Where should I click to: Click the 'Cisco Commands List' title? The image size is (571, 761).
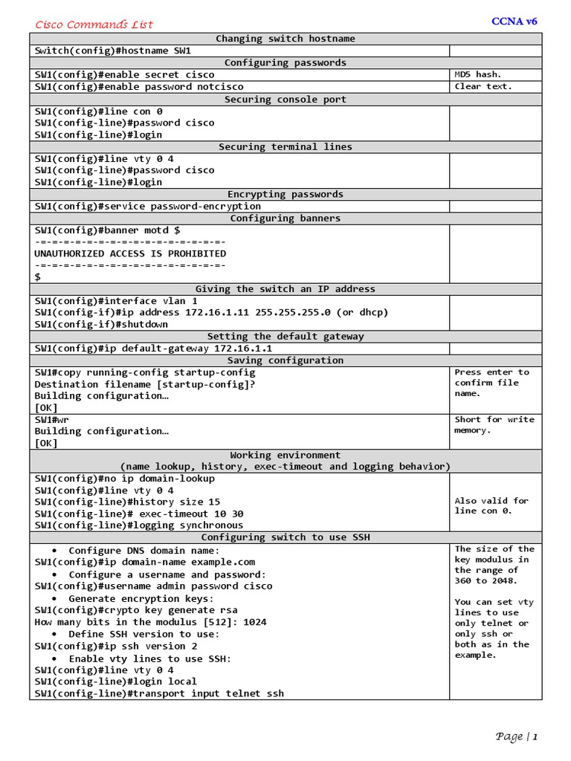click(94, 25)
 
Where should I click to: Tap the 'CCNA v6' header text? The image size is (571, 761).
click(514, 21)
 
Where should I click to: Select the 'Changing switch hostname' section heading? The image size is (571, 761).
click(285, 39)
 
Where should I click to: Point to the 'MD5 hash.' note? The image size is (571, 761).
click(478, 74)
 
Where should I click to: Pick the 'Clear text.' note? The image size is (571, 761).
click(483, 86)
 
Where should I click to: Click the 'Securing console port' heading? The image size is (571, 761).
click(285, 99)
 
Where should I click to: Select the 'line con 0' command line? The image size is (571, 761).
click(98, 111)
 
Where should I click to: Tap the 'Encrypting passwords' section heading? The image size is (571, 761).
click(285, 194)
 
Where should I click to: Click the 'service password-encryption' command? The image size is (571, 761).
click(147, 206)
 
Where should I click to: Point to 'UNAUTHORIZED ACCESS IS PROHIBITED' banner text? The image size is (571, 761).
click(130, 253)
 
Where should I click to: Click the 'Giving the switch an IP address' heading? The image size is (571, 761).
click(285, 288)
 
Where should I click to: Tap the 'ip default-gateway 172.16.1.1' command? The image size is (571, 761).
click(153, 348)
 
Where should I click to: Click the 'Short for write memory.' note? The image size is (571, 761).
click(494, 425)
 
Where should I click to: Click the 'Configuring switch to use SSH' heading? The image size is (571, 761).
click(285, 537)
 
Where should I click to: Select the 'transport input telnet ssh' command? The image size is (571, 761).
click(159, 693)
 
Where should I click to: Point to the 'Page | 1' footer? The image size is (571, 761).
click(516, 736)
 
